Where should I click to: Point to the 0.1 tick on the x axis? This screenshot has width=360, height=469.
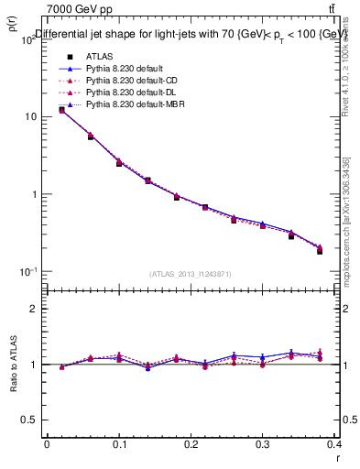point(119,443)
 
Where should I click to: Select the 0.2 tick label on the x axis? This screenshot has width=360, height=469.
point(191,443)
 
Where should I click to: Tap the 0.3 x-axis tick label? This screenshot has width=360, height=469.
point(264,443)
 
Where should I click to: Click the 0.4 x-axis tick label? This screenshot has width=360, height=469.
point(335,443)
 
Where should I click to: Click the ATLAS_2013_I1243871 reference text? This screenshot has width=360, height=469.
point(191,274)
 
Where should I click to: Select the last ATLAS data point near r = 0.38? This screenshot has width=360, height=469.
point(320,251)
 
